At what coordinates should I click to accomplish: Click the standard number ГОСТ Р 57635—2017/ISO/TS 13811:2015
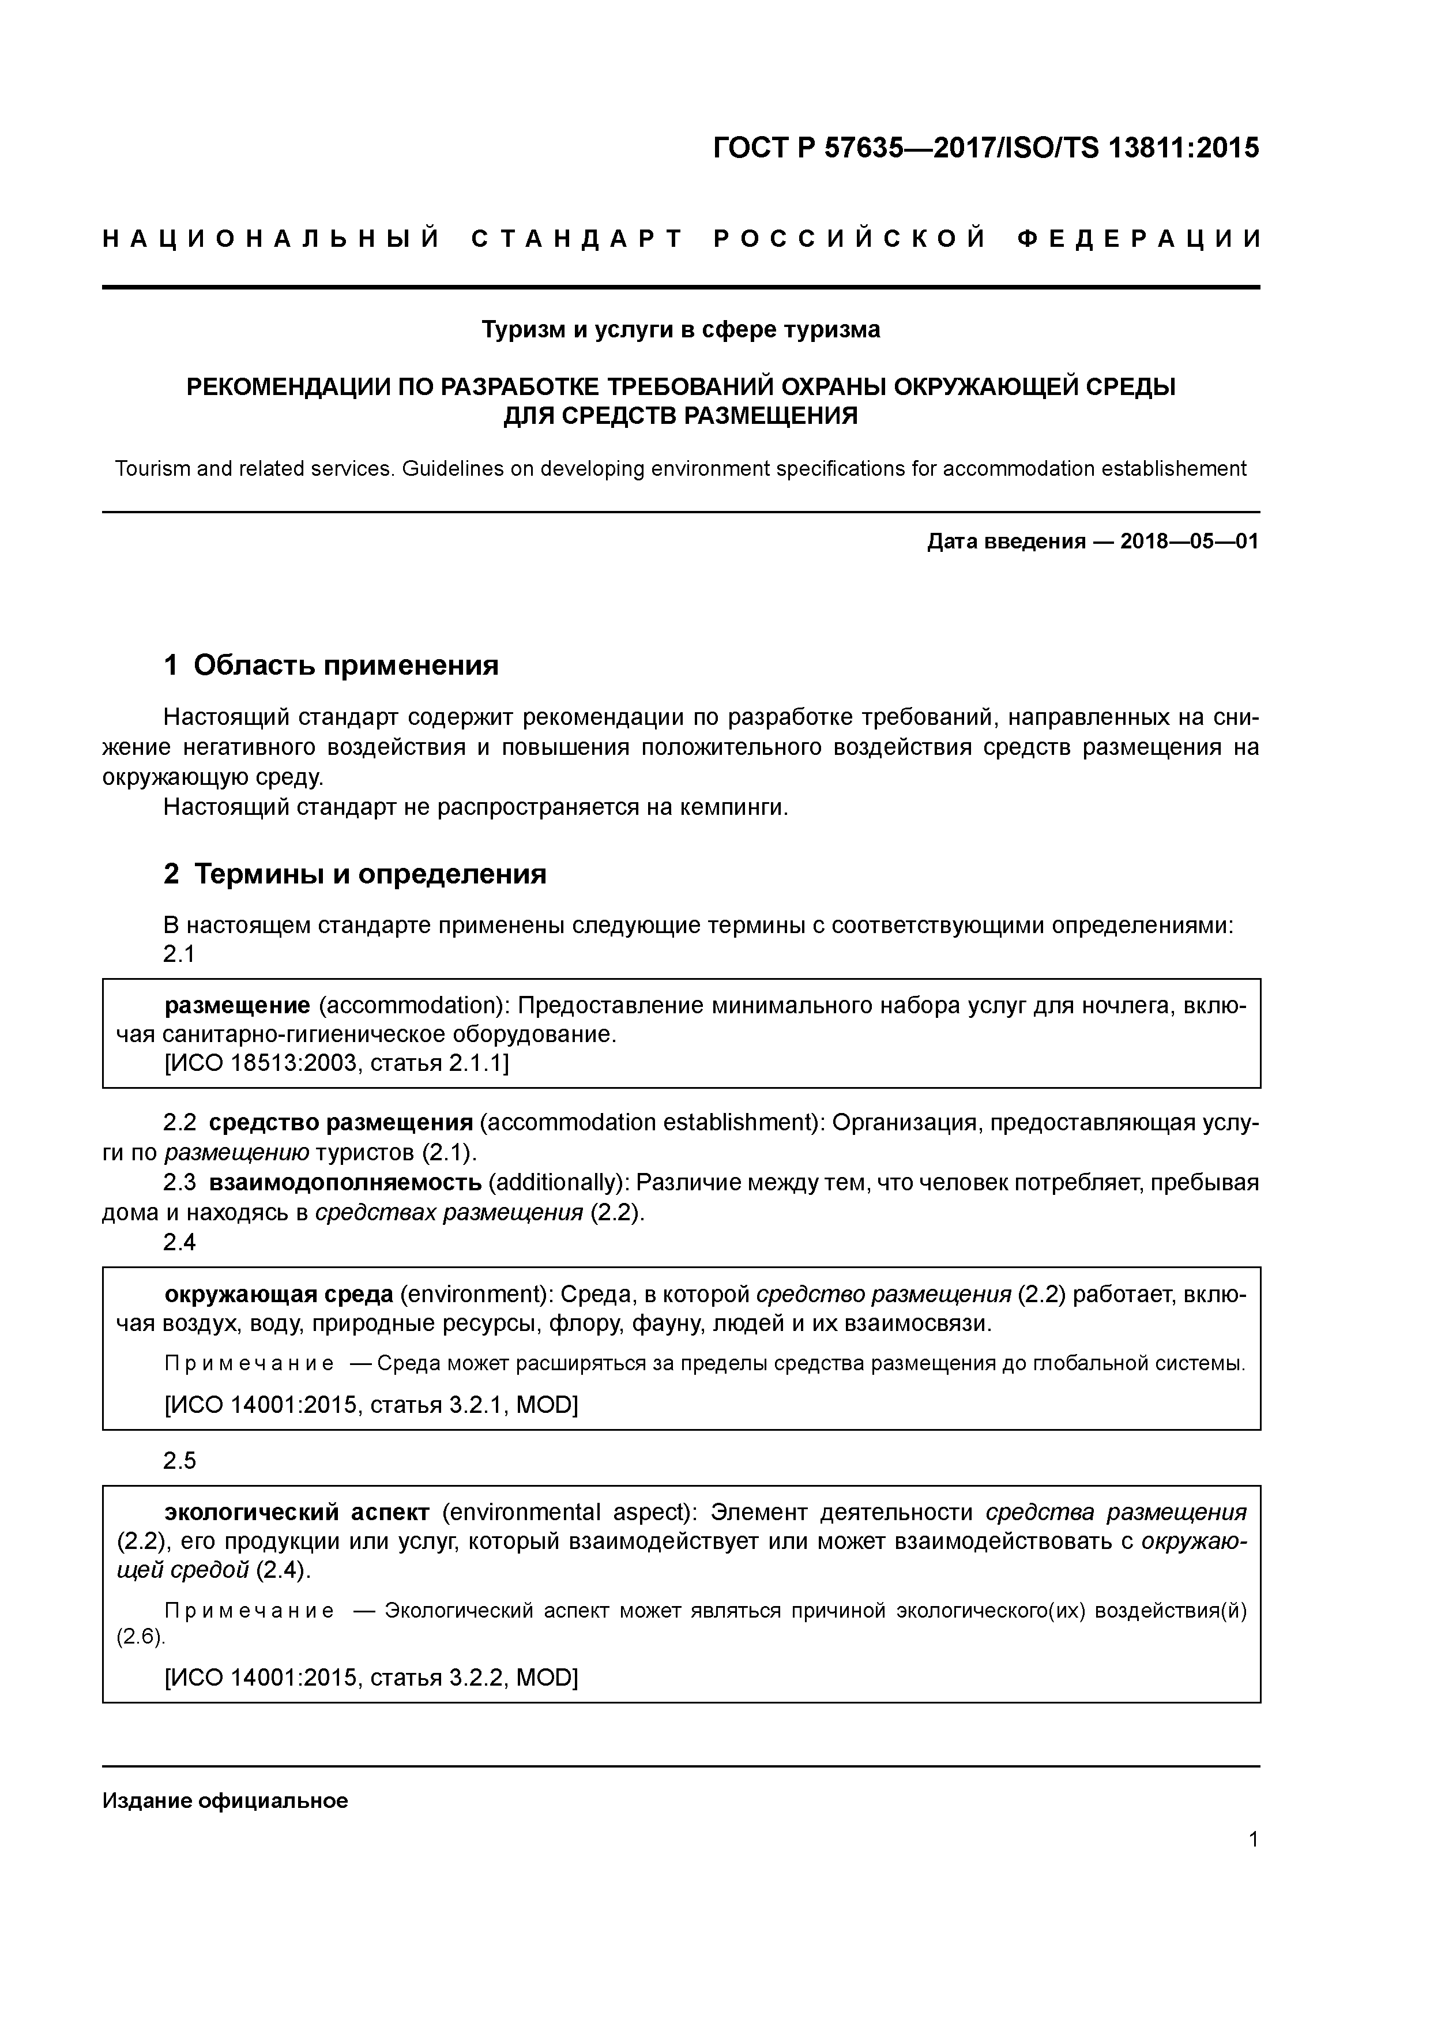pos(985,148)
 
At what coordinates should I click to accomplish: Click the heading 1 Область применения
pos(332,665)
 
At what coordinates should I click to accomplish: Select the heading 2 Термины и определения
pos(355,874)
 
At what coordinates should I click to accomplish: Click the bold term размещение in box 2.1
pos(237,1005)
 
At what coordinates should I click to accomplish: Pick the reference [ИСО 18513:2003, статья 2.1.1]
pos(337,1063)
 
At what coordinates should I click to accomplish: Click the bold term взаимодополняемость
pos(345,1182)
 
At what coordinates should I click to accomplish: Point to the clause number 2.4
pos(179,1242)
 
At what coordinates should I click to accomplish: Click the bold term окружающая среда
pos(279,1294)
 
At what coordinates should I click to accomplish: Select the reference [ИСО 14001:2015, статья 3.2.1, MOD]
pos(371,1405)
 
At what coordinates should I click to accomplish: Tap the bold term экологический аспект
pos(297,1513)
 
